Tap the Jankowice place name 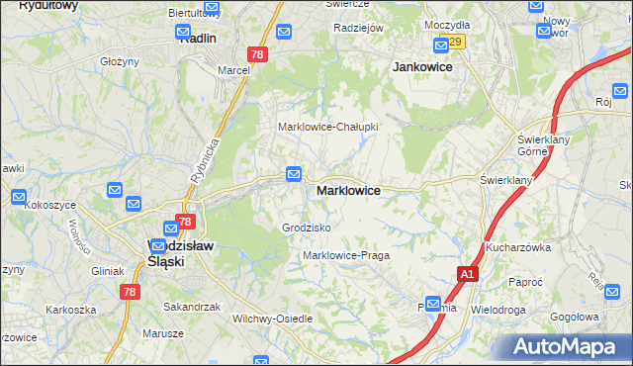pyautogui.click(x=422, y=66)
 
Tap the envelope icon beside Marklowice pyautogui.click(x=294, y=174)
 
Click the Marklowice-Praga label pyautogui.click(x=346, y=255)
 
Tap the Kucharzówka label pyautogui.click(x=517, y=247)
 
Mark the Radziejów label pyautogui.click(x=358, y=29)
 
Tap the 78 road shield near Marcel pyautogui.click(x=256, y=55)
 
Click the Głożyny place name pyautogui.click(x=119, y=61)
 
